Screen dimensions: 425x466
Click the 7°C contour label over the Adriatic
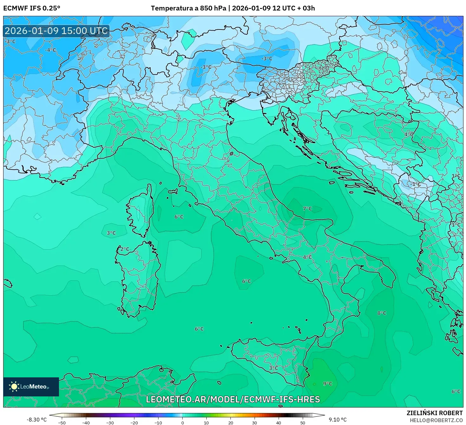click(x=307, y=209)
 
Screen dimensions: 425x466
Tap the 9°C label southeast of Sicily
click(x=327, y=384)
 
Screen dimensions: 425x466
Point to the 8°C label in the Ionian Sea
click(x=382, y=313)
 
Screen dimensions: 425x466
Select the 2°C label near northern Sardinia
click(x=125, y=249)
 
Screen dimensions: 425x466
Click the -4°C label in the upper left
click(x=50, y=50)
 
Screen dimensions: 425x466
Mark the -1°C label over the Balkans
click(x=416, y=184)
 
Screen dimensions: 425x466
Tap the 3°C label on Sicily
click(x=273, y=368)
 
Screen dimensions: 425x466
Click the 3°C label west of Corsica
click(x=111, y=233)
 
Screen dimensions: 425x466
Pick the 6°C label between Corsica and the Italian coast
click(x=179, y=217)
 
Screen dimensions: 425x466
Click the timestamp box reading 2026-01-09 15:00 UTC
click(x=56, y=31)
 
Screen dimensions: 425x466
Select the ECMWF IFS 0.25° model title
click(x=32, y=8)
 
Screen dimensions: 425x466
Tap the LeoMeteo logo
click(x=31, y=387)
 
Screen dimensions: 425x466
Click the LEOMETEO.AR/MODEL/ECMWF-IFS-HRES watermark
click(x=233, y=399)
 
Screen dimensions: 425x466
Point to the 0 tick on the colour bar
click(x=182, y=422)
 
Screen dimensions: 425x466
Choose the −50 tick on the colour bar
click(x=62, y=422)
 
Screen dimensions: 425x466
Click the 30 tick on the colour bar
click(x=255, y=422)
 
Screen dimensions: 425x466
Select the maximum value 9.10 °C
click(x=338, y=420)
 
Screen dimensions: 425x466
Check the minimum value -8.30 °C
click(x=36, y=420)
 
